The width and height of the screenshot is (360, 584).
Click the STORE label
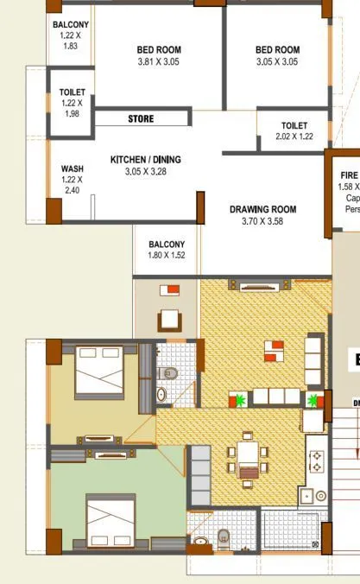point(142,118)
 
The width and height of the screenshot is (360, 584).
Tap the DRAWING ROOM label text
point(262,209)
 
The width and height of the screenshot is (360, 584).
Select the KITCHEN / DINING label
point(145,160)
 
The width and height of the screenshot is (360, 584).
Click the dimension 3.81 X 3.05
point(160,62)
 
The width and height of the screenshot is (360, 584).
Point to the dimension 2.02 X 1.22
point(293,136)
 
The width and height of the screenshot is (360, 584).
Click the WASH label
point(72,168)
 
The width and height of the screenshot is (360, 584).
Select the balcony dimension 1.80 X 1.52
point(167,256)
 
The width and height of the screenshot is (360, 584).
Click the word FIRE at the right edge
point(349,175)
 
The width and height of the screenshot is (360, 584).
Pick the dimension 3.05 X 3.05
point(277,62)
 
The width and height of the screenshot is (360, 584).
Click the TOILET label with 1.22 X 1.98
point(71,92)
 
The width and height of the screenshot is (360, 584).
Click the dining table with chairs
point(249,456)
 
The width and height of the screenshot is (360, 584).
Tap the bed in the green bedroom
point(110,520)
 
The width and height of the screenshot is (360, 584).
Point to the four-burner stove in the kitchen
point(316,460)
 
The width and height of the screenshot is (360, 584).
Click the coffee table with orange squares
point(273,350)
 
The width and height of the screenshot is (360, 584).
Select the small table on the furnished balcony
point(170,320)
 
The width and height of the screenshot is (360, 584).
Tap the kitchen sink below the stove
point(306,496)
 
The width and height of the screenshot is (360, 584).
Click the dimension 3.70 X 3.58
point(262,221)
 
